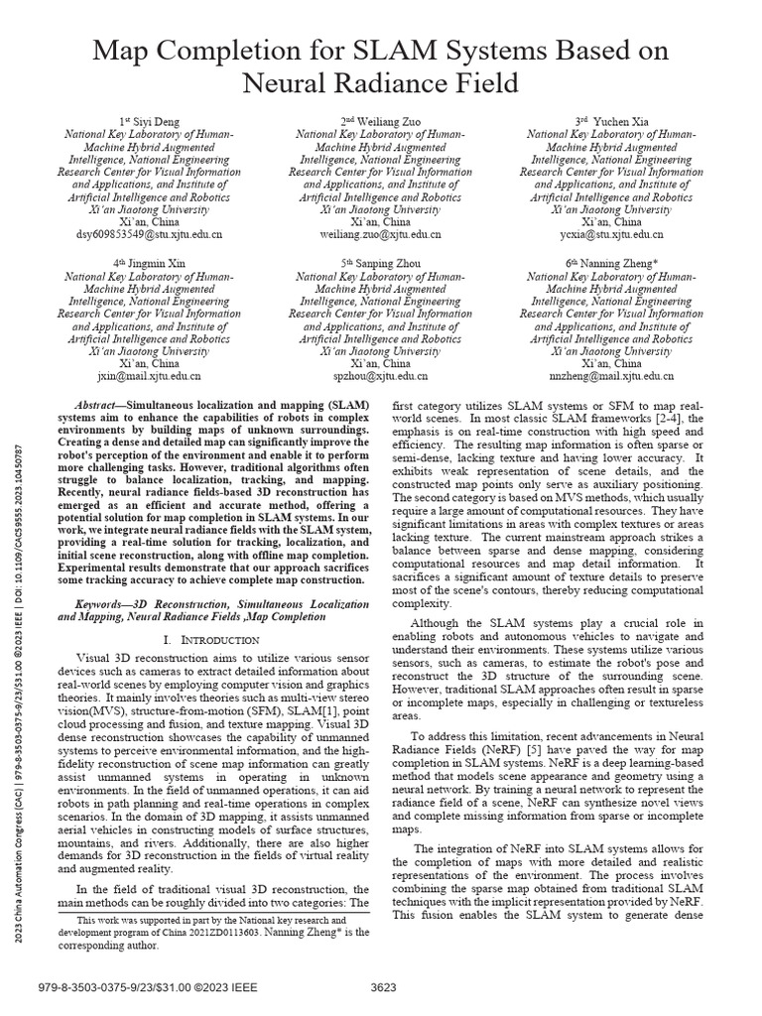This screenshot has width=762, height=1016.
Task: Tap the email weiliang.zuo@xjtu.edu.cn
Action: coord(381,236)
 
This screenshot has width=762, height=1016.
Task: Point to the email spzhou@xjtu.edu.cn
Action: coord(381,377)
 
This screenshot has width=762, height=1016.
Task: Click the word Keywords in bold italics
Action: coord(106,603)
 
